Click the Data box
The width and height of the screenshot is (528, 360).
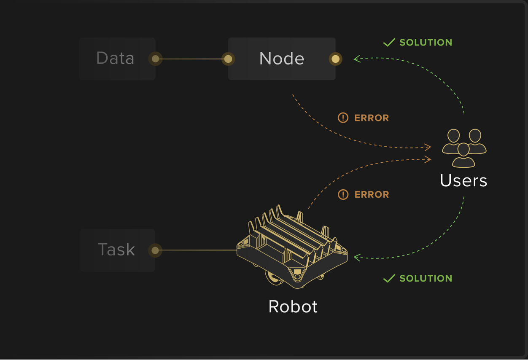pos(115,59)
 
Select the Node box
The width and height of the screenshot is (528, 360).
pos(281,59)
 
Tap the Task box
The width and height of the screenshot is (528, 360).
pos(116,250)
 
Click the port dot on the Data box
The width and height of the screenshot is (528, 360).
pos(155,59)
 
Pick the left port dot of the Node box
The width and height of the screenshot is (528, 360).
pos(228,59)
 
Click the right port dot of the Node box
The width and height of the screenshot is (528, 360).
pos(335,59)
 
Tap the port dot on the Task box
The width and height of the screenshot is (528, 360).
pos(155,250)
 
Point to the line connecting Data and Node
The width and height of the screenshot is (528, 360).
pos(192,59)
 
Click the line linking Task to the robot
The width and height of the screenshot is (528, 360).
pos(196,250)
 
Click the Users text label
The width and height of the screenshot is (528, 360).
pos(463,181)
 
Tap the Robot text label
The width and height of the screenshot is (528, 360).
pos(293,306)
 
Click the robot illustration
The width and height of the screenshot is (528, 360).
pos(292,249)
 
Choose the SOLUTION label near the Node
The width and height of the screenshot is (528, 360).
pos(426,43)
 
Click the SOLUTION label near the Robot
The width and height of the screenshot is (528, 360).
pos(426,279)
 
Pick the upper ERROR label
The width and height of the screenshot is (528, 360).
pos(372,118)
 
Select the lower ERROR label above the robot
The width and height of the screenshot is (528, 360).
pos(372,195)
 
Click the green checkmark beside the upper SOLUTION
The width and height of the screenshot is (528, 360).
pos(389,42)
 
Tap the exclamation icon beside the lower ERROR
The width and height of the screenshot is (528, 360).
pos(343,194)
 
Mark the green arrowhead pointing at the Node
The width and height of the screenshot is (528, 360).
pos(357,59)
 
